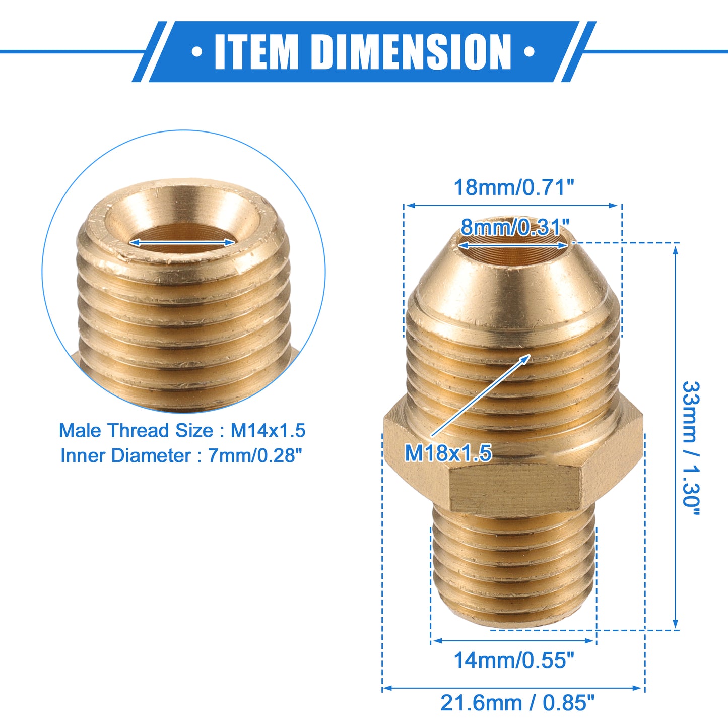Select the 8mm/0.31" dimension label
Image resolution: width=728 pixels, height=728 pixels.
pyautogui.click(x=515, y=227)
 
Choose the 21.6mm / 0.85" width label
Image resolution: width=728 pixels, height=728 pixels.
pyautogui.click(x=517, y=703)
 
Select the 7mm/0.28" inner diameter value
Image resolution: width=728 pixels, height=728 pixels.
pyautogui.click(x=255, y=455)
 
